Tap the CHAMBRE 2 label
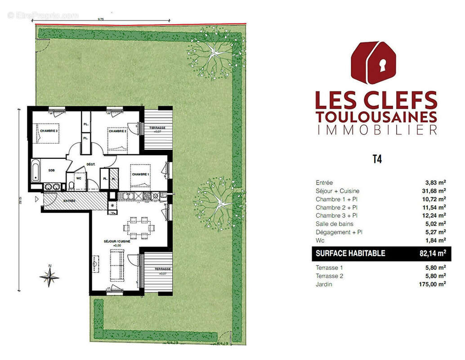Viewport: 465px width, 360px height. [x=118, y=131]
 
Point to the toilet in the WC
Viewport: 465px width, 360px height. [x=71, y=187]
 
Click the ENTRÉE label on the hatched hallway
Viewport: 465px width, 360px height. [x=69, y=201]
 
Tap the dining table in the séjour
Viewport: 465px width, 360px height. [x=139, y=227]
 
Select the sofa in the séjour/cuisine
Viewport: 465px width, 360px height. [x=117, y=265]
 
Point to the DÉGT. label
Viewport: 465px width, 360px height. [x=90, y=165]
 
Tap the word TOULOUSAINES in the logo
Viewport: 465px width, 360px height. [x=376, y=117]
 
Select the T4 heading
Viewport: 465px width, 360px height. [x=377, y=159]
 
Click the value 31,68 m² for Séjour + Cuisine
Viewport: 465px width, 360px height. [x=434, y=191]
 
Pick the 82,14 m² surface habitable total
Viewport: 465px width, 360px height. [x=432, y=253]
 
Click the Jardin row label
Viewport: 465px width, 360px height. [x=324, y=284]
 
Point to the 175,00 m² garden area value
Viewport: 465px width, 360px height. [x=432, y=284]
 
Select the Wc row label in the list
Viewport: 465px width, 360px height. [x=320, y=240]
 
